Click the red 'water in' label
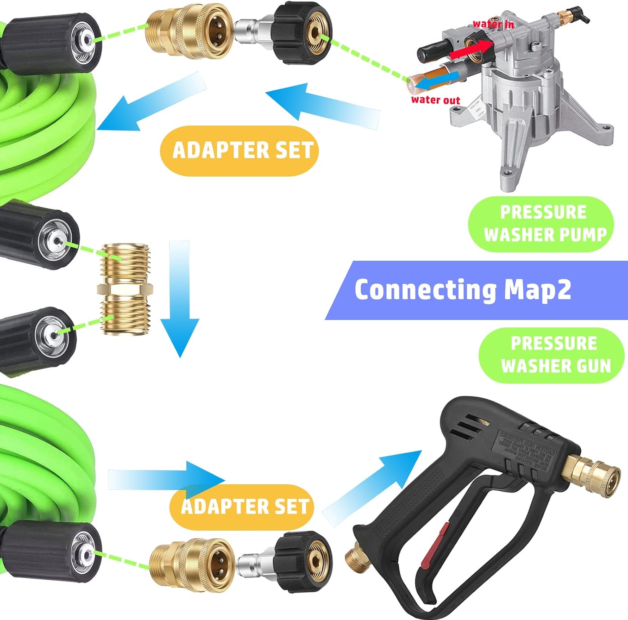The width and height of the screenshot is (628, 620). tap(493, 24)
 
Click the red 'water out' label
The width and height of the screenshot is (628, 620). tap(435, 100)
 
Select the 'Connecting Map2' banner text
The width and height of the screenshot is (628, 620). tap(463, 290)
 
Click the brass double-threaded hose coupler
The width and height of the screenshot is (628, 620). tap(125, 288)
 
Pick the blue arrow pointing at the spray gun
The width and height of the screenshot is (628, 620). tap(373, 482)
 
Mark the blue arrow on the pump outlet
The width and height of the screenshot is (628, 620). tap(431, 82)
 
